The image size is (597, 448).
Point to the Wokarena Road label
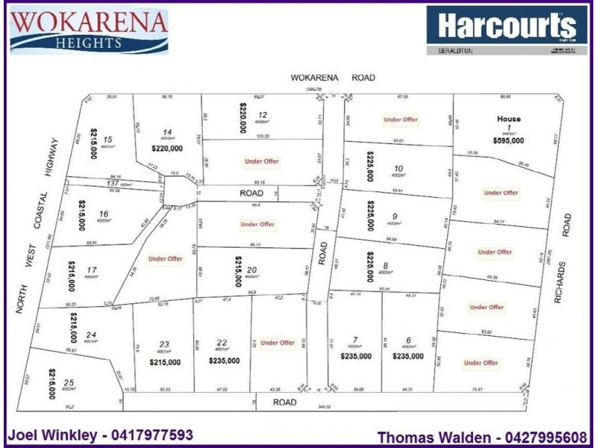pyautogui.click(x=332, y=78)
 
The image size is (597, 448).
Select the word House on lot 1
pyautogui.click(x=510, y=119)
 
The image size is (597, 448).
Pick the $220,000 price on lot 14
pyautogui.click(x=166, y=148)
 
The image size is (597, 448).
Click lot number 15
pyautogui.click(x=109, y=140)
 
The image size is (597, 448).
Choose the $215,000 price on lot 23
pyautogui.click(x=165, y=363)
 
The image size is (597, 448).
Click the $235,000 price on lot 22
pyautogui.click(x=225, y=361)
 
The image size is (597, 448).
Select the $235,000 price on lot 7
pyautogui.click(x=356, y=356)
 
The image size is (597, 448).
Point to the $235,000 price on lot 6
pyautogui.click(x=407, y=356)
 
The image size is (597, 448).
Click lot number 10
pyautogui.click(x=398, y=168)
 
